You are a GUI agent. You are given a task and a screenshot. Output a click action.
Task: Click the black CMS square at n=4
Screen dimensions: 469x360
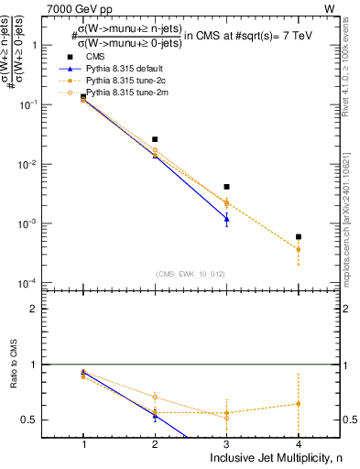tap(299, 236)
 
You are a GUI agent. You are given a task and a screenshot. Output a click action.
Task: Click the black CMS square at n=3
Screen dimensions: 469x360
tap(226, 187)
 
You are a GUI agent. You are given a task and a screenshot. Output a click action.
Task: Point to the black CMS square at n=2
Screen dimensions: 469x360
tap(155, 139)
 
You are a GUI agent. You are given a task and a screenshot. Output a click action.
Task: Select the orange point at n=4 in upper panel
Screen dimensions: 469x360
tap(299, 249)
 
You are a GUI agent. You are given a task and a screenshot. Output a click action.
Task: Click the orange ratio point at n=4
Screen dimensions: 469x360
tap(299, 404)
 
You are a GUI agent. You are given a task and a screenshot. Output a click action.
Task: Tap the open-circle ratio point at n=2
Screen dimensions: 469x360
tap(155, 397)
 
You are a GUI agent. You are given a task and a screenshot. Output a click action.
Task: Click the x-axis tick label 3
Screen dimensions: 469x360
tap(226, 443)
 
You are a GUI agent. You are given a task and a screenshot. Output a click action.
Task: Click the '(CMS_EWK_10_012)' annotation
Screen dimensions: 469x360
tap(191, 273)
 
